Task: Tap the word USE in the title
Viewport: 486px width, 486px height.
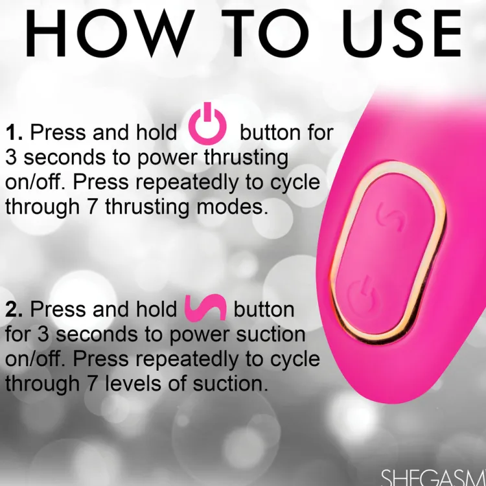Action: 402,34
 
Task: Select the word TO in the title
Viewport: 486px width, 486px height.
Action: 266,34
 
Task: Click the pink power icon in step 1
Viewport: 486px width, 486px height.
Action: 207,124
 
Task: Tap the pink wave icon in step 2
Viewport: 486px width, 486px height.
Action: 205,307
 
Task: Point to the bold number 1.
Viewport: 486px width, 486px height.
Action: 14,133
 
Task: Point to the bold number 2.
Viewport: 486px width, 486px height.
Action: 14,309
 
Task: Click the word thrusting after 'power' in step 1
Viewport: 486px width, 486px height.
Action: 246,158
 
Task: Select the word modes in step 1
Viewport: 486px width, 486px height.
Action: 232,207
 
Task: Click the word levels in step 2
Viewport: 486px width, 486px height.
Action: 134,384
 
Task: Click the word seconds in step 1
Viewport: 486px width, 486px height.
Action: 64,157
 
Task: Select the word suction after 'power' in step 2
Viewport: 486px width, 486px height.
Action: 271,335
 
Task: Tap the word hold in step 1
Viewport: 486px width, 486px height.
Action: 157,133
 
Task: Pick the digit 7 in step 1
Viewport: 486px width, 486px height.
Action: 93,207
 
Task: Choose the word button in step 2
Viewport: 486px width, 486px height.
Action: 264,309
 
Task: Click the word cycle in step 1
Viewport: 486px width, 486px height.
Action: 295,183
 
